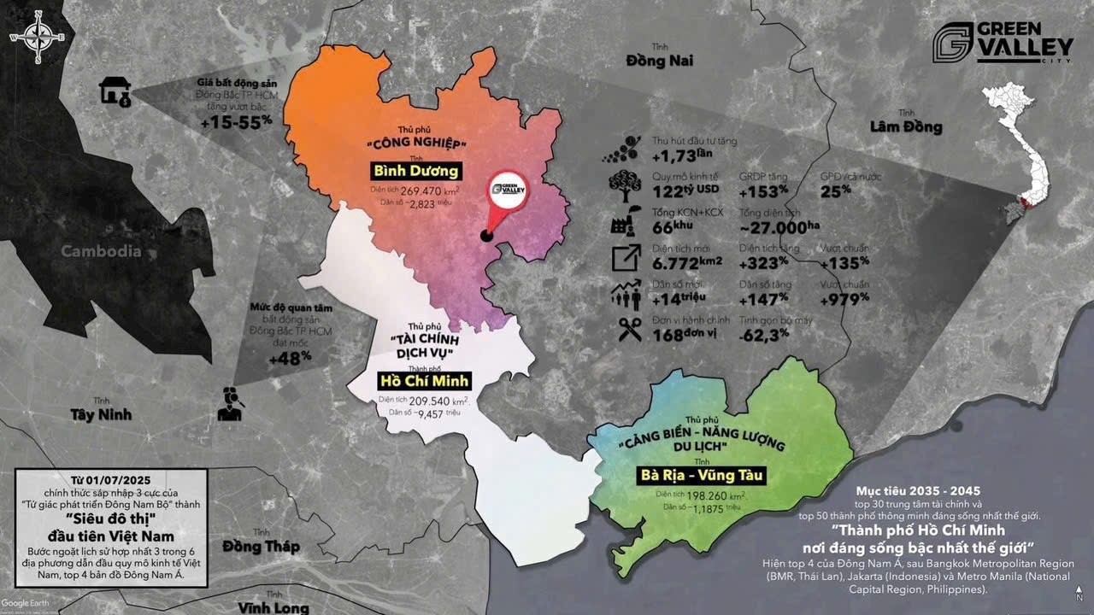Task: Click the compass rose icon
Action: (x=38, y=38)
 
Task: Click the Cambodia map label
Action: (x=101, y=251)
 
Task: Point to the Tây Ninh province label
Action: (x=101, y=414)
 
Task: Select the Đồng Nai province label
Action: (x=659, y=61)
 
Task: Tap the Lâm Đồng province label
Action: (x=905, y=127)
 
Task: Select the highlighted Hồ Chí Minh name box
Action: (x=425, y=380)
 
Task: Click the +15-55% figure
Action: (x=237, y=122)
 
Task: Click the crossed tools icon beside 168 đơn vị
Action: (x=630, y=329)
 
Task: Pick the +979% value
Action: (x=844, y=299)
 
